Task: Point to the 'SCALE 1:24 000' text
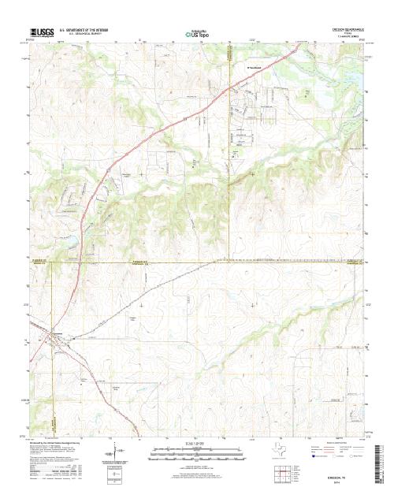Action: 197,444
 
